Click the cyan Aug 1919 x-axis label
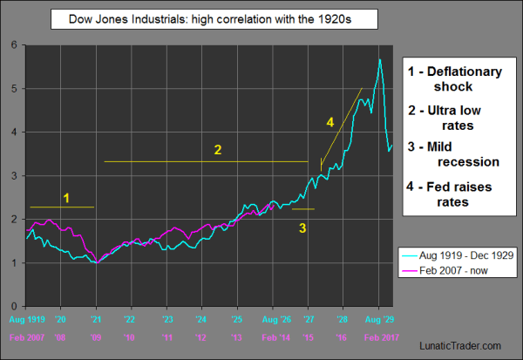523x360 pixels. [x=26, y=321]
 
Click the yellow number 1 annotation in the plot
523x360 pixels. [x=65, y=198]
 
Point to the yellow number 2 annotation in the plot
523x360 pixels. [x=218, y=150]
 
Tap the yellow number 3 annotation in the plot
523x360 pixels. [x=302, y=228]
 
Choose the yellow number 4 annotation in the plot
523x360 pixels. [x=329, y=124]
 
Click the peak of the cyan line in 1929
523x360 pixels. [x=380, y=59]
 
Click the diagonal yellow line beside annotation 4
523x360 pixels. [x=342, y=126]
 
